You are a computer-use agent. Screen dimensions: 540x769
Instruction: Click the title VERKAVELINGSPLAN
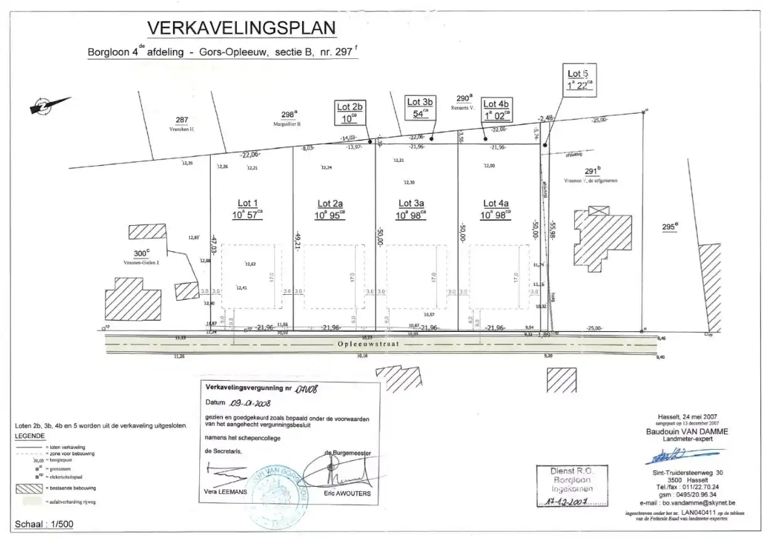241,28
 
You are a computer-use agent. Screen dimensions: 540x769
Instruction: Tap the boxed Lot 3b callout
421,107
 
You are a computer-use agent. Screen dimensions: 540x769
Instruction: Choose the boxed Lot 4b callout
497,109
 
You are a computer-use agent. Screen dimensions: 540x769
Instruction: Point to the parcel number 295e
670,227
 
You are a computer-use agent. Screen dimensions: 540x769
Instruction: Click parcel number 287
182,120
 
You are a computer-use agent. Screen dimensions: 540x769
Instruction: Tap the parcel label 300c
143,254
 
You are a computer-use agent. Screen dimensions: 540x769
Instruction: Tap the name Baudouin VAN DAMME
687,431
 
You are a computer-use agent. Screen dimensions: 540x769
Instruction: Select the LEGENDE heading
31,435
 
